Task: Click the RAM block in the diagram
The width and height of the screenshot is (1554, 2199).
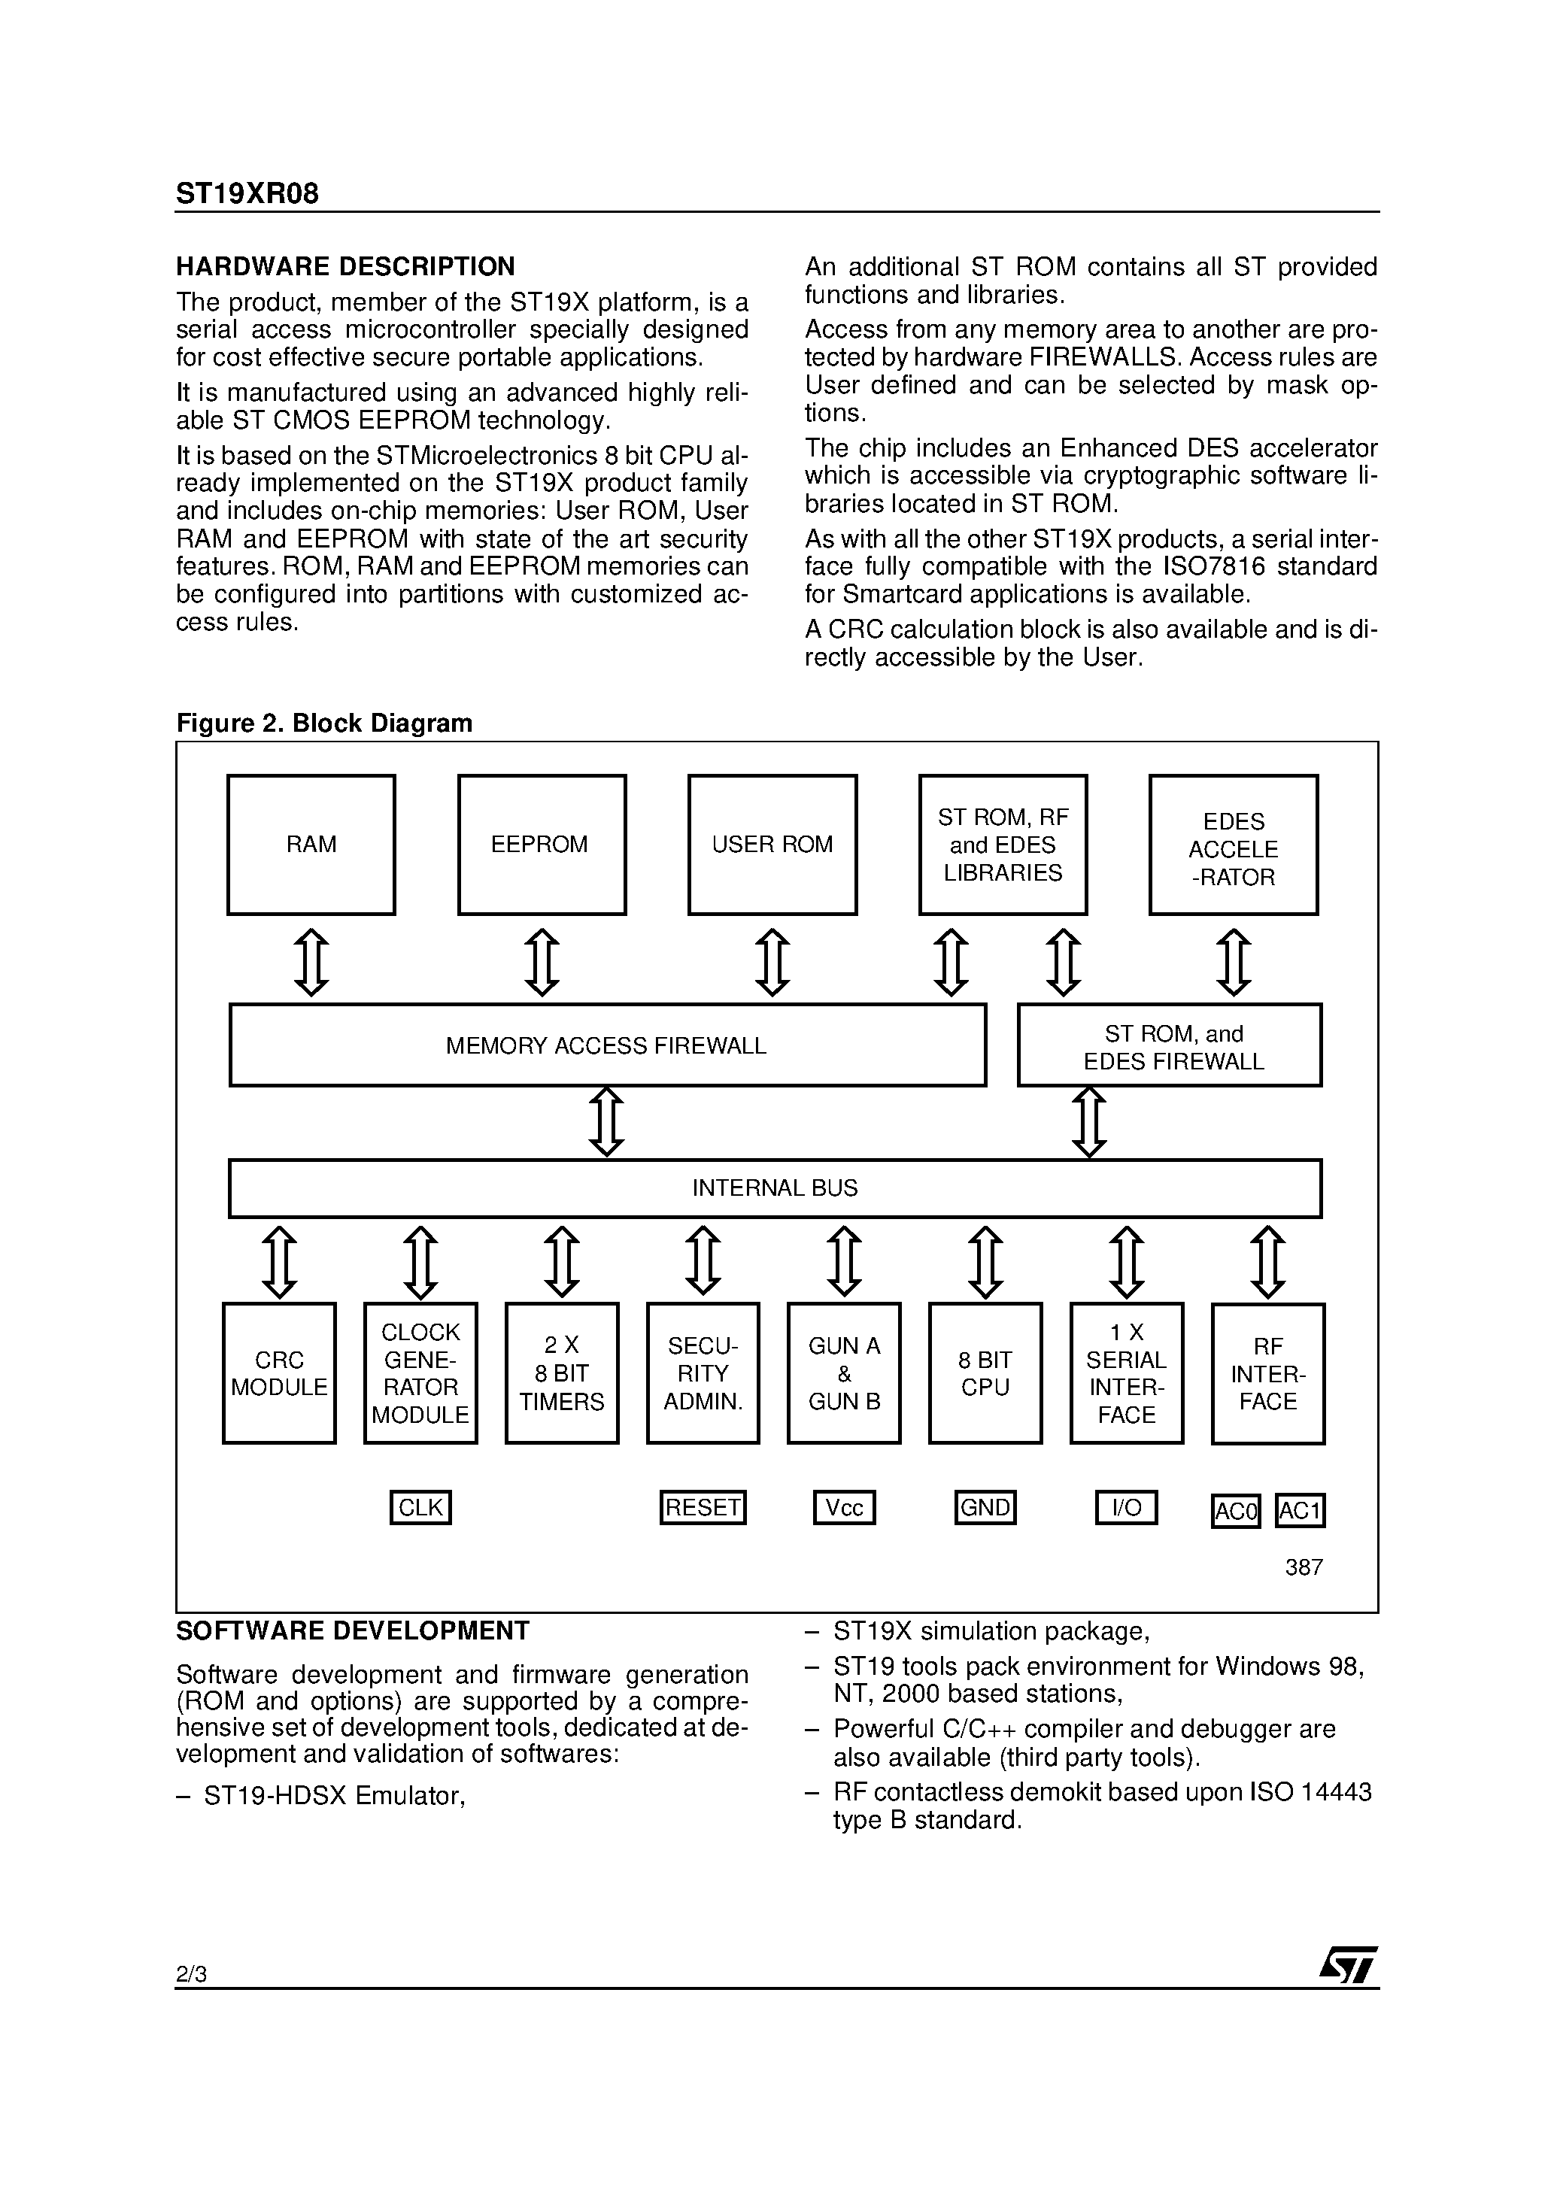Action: coord(311,845)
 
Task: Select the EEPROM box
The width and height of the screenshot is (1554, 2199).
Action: coord(542,845)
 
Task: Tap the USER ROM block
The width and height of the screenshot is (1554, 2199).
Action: coord(772,845)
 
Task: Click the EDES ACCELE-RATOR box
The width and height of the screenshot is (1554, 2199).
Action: coord(1233,845)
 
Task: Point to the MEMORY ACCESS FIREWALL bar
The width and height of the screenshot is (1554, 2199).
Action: coord(608,1045)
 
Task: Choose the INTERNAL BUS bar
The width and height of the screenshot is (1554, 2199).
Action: coord(774,1187)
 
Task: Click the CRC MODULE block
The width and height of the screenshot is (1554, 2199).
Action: coord(279,1372)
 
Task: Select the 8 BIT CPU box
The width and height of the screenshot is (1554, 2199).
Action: coord(985,1372)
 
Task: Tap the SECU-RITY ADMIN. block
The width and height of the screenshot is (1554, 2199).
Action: coord(703,1372)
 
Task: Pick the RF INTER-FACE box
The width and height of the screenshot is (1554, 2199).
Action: coord(1267,1373)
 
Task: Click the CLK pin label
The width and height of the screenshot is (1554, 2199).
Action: coord(420,1508)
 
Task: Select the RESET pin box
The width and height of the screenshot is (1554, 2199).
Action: coord(703,1508)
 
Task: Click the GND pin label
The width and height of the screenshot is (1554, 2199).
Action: coord(985,1508)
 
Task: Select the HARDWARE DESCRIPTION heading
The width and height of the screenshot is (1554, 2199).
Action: coord(345,266)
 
